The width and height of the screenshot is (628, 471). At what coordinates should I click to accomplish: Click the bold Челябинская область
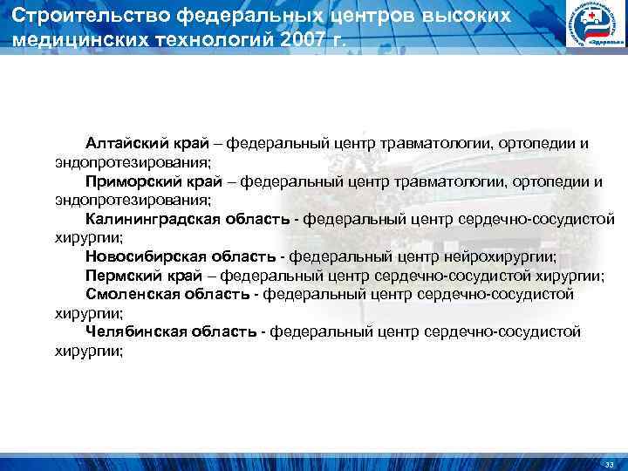pos(171,332)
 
